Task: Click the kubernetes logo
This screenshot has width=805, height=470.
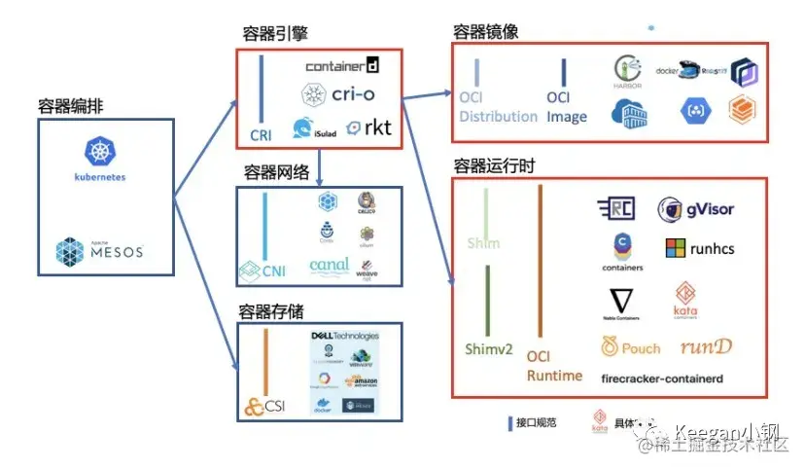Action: pos(99,157)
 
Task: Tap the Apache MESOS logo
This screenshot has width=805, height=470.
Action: pos(99,251)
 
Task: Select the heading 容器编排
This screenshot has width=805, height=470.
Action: pos(71,106)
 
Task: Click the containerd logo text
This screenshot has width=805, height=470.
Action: pos(341,66)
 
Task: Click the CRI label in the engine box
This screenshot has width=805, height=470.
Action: pos(261,134)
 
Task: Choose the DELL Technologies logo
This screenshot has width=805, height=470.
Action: pos(344,336)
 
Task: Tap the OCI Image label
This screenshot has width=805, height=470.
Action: pos(566,107)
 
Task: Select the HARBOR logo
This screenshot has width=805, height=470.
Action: pos(628,74)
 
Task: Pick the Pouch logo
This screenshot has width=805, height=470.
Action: pos(630,346)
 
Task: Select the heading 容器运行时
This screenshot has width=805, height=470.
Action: pos(494,166)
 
